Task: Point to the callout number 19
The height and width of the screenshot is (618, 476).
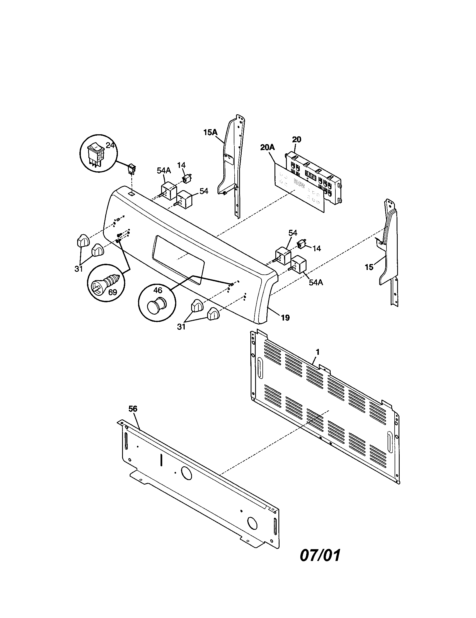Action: [285, 318]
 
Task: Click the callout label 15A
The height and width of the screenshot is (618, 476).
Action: [210, 132]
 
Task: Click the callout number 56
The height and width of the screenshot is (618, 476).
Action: [133, 409]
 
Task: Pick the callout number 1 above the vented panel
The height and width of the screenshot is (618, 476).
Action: [317, 352]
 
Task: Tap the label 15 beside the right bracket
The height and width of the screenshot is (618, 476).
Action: [369, 267]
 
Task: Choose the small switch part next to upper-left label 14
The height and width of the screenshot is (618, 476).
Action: [186, 179]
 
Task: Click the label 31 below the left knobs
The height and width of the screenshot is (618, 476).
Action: [79, 269]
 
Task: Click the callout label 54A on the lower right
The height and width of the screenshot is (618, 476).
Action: [316, 282]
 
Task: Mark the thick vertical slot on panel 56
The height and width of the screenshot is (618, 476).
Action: [161, 460]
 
